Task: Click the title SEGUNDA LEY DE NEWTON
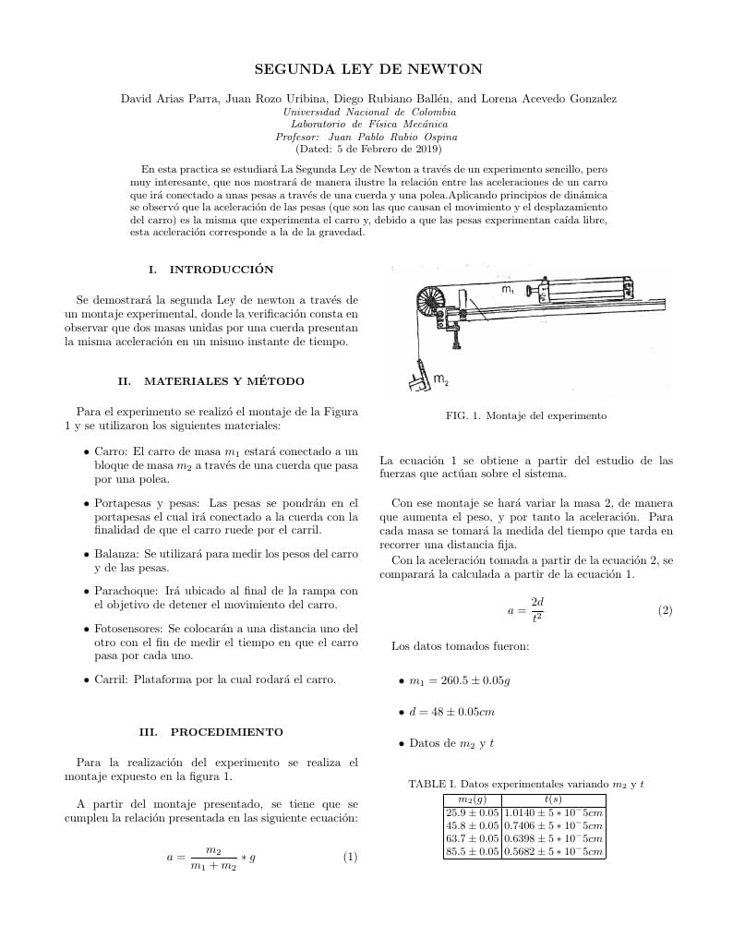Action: tap(367, 69)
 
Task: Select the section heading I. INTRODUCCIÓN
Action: tap(210, 270)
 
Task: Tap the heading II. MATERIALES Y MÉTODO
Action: tap(210, 381)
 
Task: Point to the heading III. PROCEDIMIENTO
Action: tap(210, 732)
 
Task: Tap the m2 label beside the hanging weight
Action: tap(441, 379)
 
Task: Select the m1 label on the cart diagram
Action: tap(508, 290)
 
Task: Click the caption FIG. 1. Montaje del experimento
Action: tap(525, 415)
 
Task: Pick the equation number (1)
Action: tap(350, 857)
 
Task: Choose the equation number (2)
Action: tap(665, 610)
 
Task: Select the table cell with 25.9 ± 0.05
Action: tap(472, 812)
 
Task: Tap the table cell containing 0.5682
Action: tap(553, 852)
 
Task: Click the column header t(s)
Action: tap(553, 799)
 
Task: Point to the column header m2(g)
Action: tap(472, 799)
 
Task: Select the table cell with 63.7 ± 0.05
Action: tap(472, 839)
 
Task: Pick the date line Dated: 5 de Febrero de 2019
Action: tap(367, 149)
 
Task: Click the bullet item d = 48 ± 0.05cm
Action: tap(451, 712)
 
